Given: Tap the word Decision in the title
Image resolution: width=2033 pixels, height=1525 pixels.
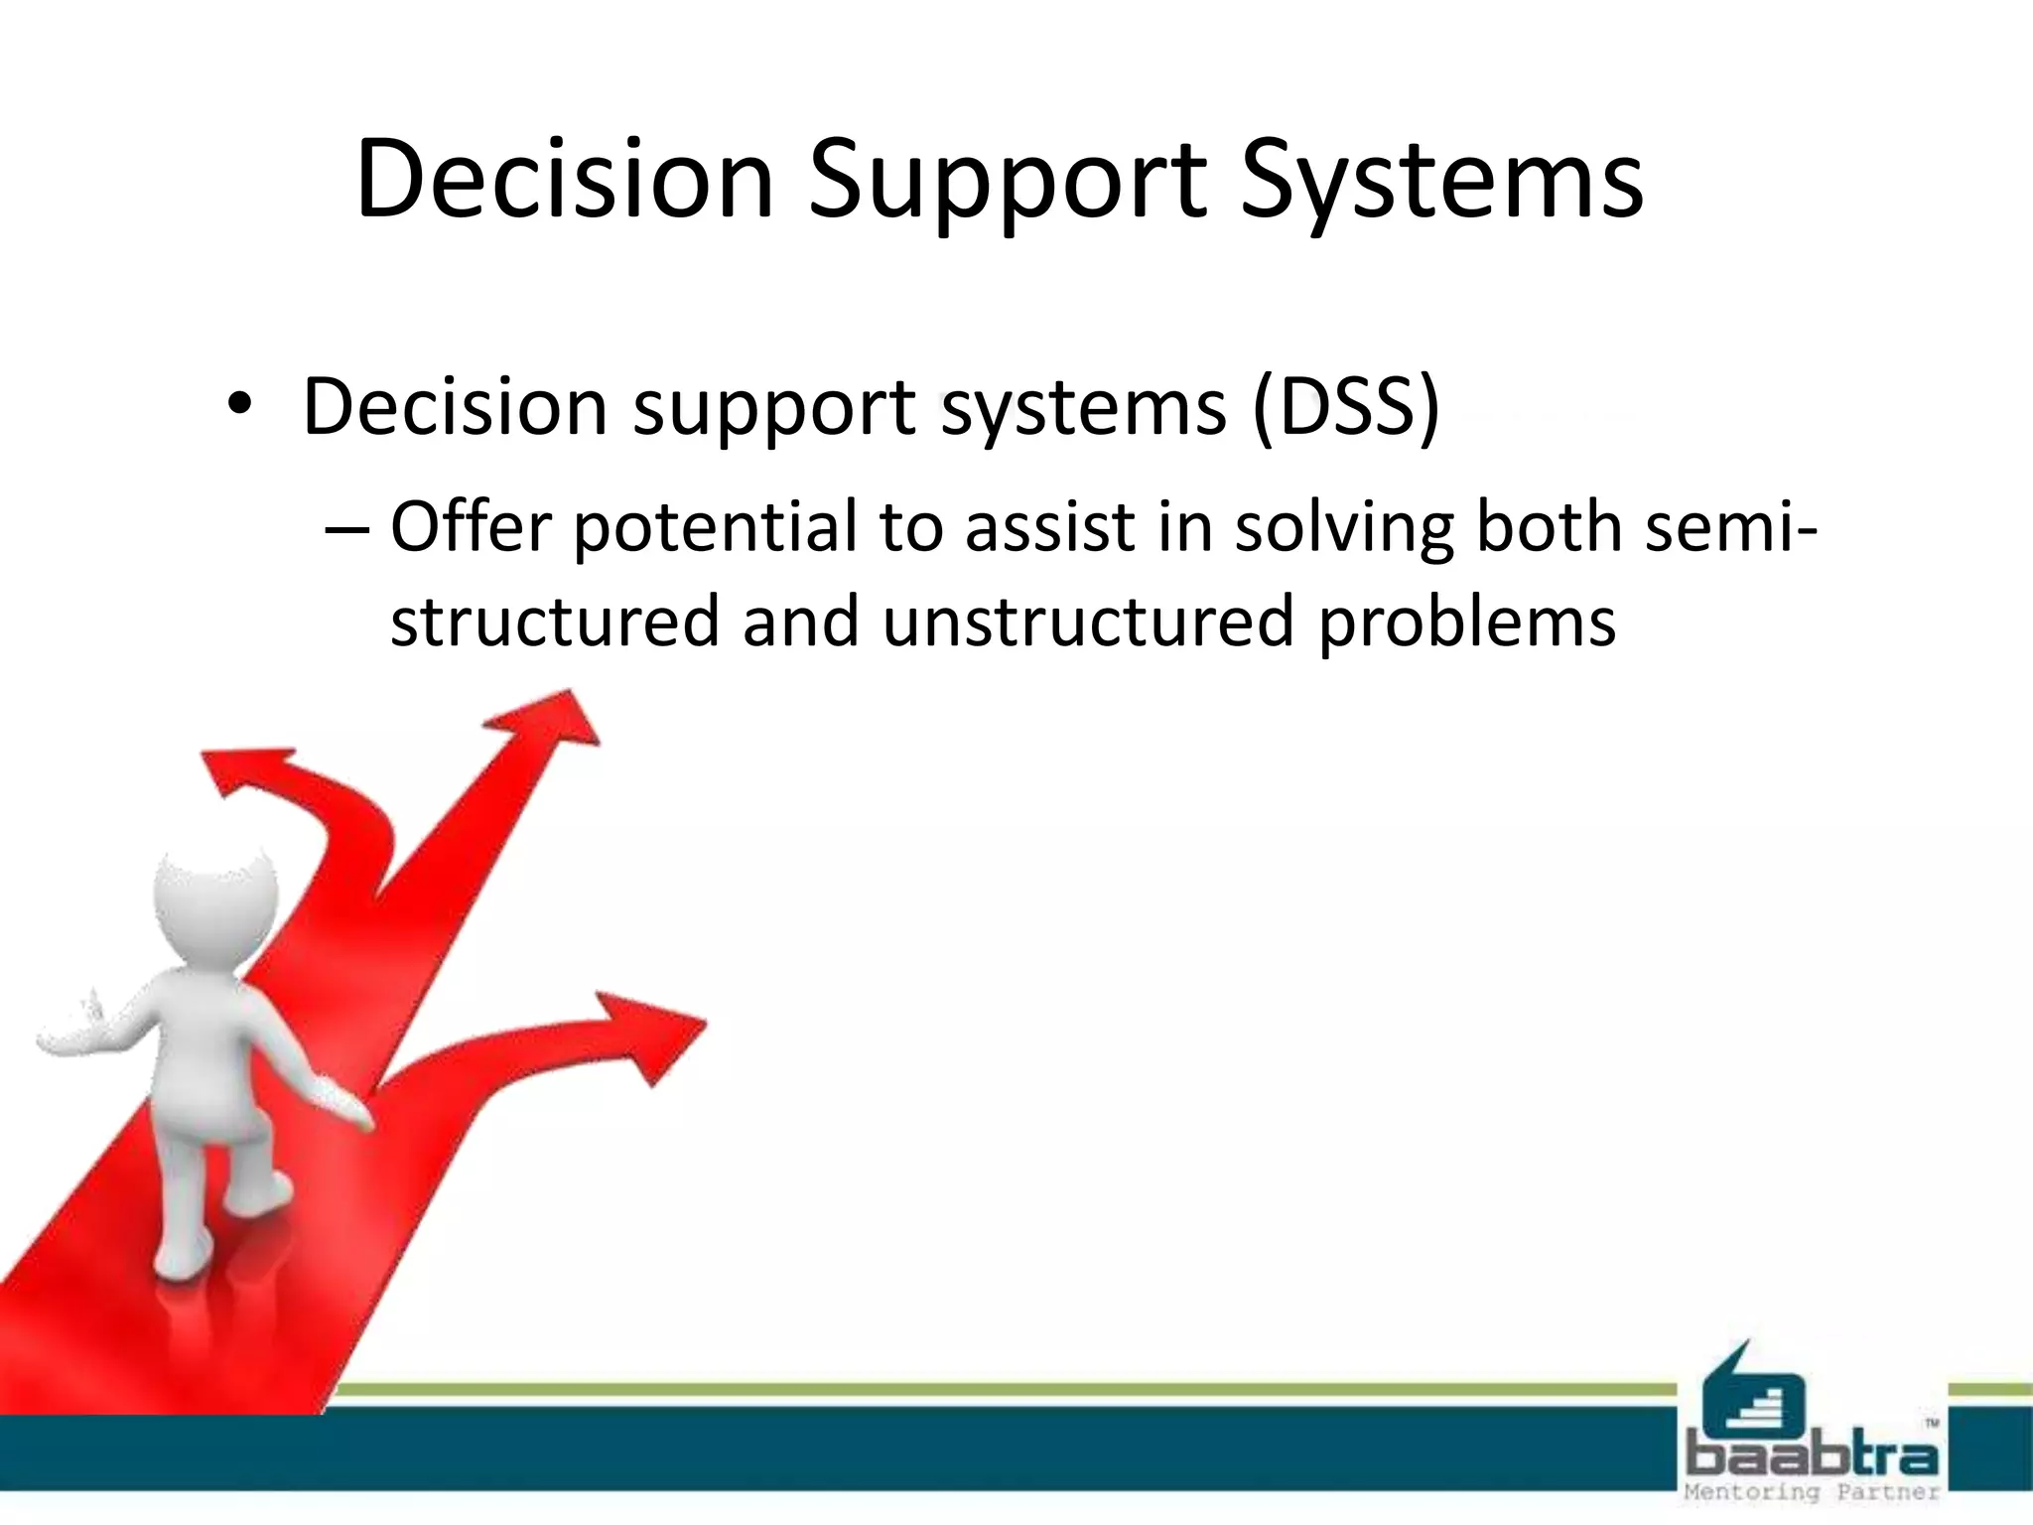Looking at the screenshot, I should tap(564, 181).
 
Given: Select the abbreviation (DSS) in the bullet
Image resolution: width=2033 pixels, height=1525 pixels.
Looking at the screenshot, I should tap(1345, 407).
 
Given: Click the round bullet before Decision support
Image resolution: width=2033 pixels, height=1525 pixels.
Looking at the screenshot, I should tap(239, 407).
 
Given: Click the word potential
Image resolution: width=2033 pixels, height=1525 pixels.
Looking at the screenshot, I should tap(715, 528).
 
